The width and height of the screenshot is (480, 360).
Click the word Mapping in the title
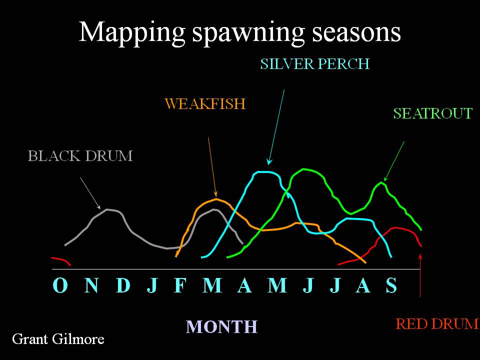click(132, 33)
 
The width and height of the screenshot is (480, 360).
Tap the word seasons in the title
click(356, 32)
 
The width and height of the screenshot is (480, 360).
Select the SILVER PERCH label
click(314, 64)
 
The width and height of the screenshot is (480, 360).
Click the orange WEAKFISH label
click(205, 104)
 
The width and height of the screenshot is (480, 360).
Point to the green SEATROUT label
click(433, 113)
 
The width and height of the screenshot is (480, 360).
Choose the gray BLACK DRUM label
click(80, 156)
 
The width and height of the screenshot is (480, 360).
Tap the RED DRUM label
click(437, 324)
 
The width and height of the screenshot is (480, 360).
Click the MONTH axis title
click(221, 326)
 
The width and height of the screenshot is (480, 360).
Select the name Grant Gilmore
click(58, 339)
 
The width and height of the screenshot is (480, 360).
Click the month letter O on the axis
click(60, 285)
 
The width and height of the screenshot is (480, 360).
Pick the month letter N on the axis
click(91, 285)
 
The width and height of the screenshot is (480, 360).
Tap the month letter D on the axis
click(123, 285)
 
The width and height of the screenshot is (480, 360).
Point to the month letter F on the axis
click(180, 285)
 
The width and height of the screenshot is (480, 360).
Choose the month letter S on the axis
click(391, 285)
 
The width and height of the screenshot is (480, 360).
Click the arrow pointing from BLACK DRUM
click(90, 193)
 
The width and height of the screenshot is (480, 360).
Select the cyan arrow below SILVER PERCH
click(276, 127)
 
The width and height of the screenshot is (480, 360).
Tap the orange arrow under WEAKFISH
click(212, 167)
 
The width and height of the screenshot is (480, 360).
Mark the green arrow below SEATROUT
click(394, 161)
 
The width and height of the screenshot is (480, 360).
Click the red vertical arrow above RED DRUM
click(420, 275)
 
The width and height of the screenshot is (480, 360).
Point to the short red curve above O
click(62, 259)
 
